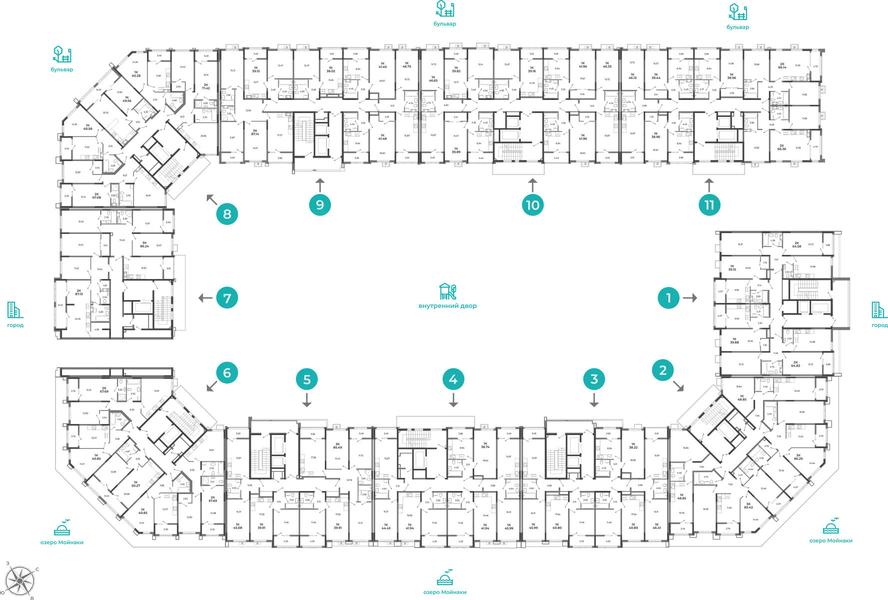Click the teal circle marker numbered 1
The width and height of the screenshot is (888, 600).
(669, 298)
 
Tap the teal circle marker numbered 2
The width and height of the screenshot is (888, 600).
(663, 370)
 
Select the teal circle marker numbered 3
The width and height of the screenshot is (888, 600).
(594, 379)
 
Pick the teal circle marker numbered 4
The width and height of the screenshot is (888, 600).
(453, 379)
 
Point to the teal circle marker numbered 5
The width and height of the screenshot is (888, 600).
(307, 379)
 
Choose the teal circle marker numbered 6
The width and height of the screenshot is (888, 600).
(227, 373)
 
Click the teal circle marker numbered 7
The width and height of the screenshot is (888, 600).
(227, 298)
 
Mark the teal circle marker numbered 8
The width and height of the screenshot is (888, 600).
(227, 214)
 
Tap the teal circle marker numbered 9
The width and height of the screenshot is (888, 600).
(320, 205)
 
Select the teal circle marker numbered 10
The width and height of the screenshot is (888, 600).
(532, 205)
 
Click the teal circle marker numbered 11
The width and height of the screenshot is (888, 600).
(709, 205)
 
